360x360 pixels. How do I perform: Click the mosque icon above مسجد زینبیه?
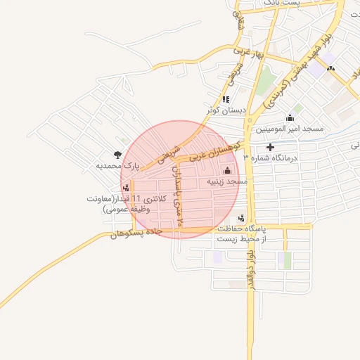(x=227, y=170)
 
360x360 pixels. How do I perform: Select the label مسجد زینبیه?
(x=228, y=181)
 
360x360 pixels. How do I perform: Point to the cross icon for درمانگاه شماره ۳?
(x=270, y=147)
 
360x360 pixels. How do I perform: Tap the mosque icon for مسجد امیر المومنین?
(x=290, y=117)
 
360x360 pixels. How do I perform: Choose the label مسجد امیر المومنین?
(x=288, y=129)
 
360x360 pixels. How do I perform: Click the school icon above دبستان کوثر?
(x=226, y=99)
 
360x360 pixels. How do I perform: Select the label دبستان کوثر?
(x=226, y=110)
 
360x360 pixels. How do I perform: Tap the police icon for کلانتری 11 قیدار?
(x=127, y=187)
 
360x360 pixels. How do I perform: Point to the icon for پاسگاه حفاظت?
(x=242, y=217)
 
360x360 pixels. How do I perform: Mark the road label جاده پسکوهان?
(x=136, y=233)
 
